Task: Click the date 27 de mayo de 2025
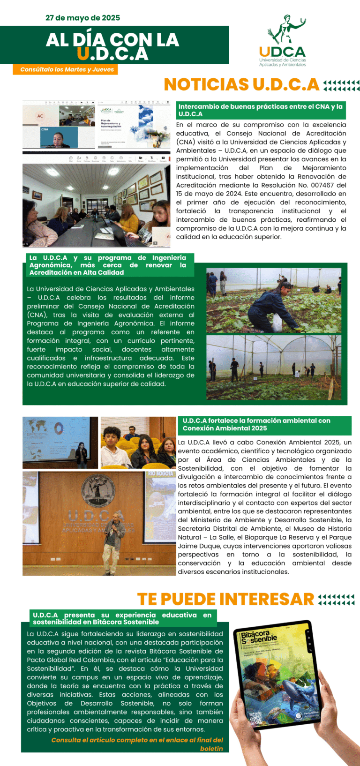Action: [x=82, y=18]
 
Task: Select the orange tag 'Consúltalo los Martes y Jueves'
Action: [x=67, y=69]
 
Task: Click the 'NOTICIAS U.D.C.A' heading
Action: [x=241, y=84]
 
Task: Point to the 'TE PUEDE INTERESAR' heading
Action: [x=225, y=599]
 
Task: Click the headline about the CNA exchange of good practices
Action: [x=261, y=110]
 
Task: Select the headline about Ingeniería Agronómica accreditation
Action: [x=108, y=265]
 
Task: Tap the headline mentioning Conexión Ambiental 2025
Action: [x=256, y=424]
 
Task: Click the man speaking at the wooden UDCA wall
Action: [x=114, y=537]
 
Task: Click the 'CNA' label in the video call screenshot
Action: [x=45, y=129]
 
